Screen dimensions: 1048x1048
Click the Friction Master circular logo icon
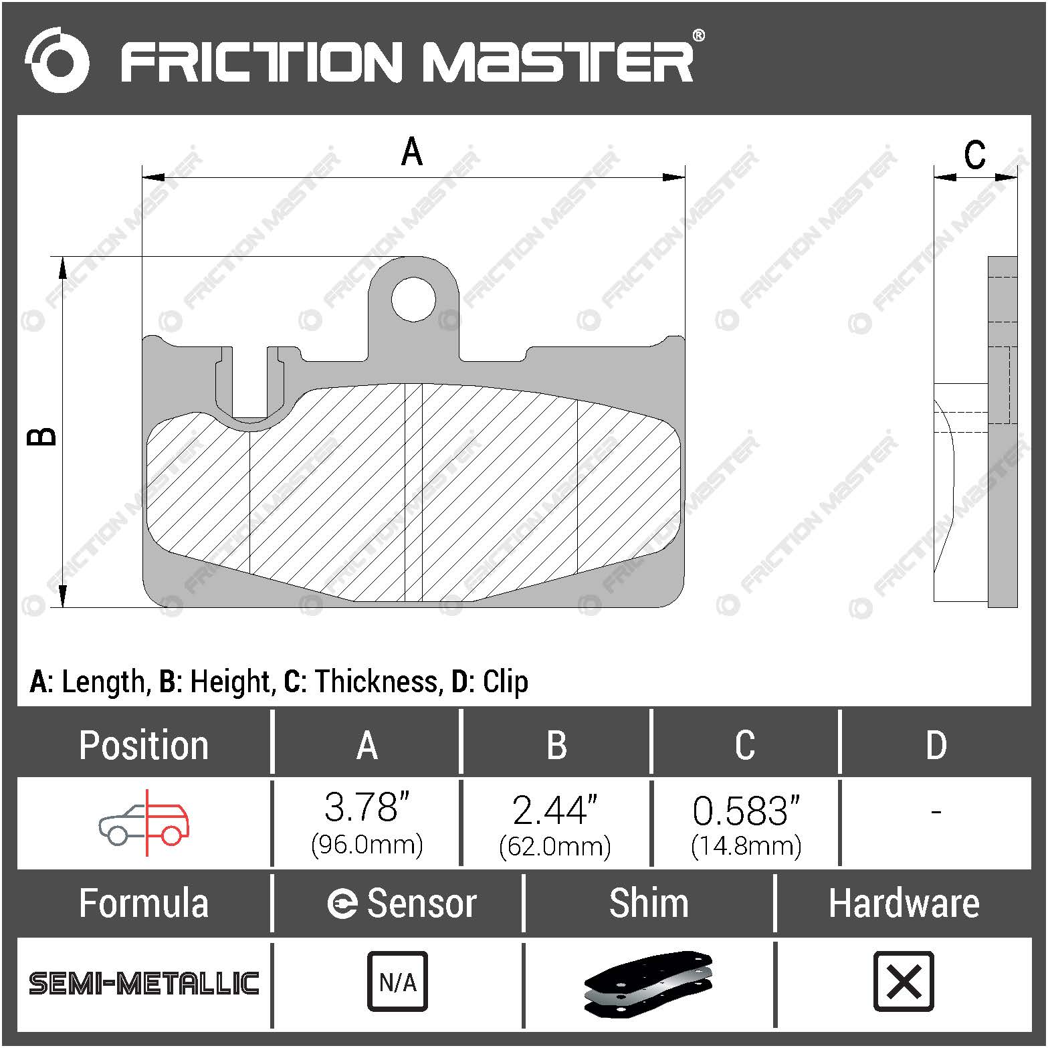coord(57,60)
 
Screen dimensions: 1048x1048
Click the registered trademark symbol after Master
coord(698,35)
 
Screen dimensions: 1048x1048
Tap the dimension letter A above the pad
coord(412,152)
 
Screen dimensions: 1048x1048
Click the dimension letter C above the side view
coord(974,155)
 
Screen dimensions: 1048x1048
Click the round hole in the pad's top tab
coord(413,299)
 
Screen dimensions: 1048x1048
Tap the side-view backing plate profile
coord(1002,431)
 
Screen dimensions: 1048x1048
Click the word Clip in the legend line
coord(505,682)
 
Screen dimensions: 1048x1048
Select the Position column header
coord(144,745)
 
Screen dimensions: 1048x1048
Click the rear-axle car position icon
coord(145,823)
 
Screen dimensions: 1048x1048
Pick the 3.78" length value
coord(366,807)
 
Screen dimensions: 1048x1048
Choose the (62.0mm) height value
coord(555,847)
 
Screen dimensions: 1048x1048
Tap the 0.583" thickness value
coord(746,810)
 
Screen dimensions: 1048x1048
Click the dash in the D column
coord(936,812)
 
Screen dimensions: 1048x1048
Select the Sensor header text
coord(421,904)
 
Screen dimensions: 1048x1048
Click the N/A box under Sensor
coord(397,981)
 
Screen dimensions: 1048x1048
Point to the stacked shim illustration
coord(648,983)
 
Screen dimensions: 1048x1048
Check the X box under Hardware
coord(904,981)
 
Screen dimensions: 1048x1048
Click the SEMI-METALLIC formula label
coord(144,983)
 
